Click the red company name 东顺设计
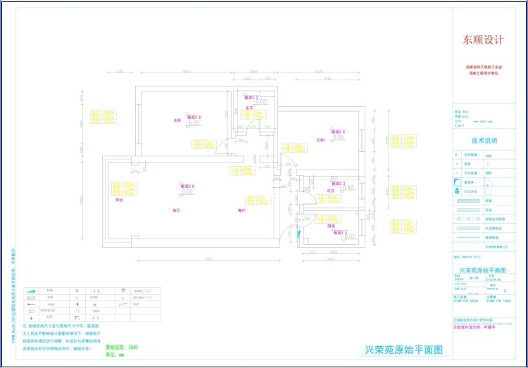pos(482,40)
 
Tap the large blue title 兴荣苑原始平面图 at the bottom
pos(403,349)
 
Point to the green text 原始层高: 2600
pos(122,347)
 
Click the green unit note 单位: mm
pos(115,354)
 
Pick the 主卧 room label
pos(177,121)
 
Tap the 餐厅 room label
pos(241,210)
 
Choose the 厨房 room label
pos(331,226)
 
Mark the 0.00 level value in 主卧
pos(194,123)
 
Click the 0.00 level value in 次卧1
pos(339,138)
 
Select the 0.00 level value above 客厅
pos(187,191)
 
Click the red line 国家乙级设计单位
pos(482,72)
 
